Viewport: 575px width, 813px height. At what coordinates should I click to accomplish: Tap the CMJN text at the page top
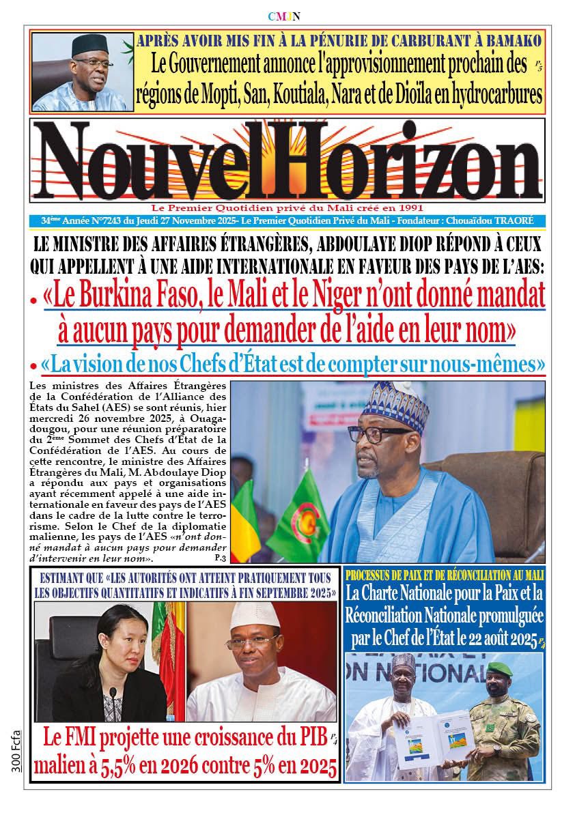[287, 16]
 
